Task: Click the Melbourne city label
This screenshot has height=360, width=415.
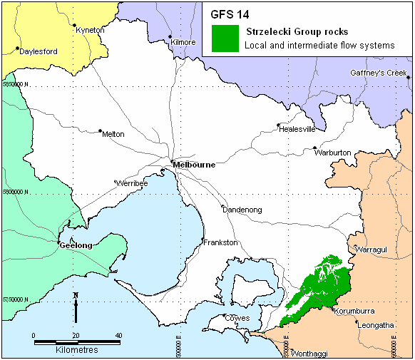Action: click(194, 165)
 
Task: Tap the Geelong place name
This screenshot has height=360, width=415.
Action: click(76, 245)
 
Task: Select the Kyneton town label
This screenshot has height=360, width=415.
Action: click(90, 30)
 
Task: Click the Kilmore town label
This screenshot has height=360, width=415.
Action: click(183, 42)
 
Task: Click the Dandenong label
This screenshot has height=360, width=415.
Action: click(242, 210)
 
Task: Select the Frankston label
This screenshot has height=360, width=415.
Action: click(220, 243)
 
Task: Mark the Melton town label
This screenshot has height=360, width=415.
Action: click(113, 134)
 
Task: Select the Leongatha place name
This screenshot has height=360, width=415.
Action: click(375, 326)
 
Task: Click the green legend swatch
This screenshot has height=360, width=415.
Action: click(226, 38)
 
